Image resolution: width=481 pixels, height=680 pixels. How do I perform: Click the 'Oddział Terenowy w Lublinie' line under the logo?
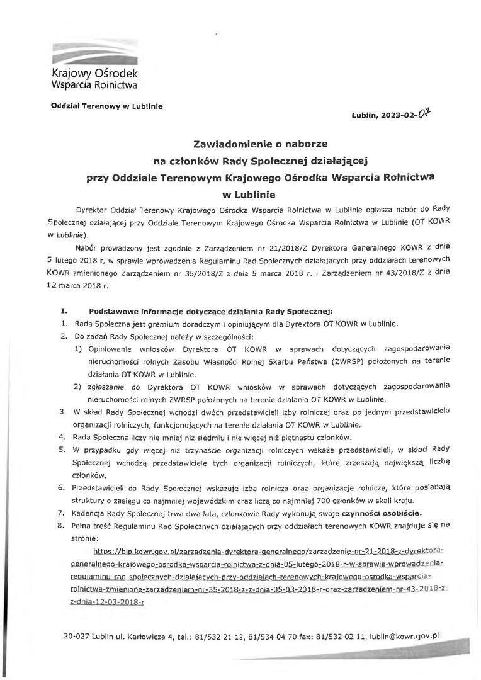pyautogui.click(x=106, y=106)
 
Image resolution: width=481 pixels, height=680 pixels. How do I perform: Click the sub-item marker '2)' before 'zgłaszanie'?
pyautogui.click(x=77, y=386)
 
